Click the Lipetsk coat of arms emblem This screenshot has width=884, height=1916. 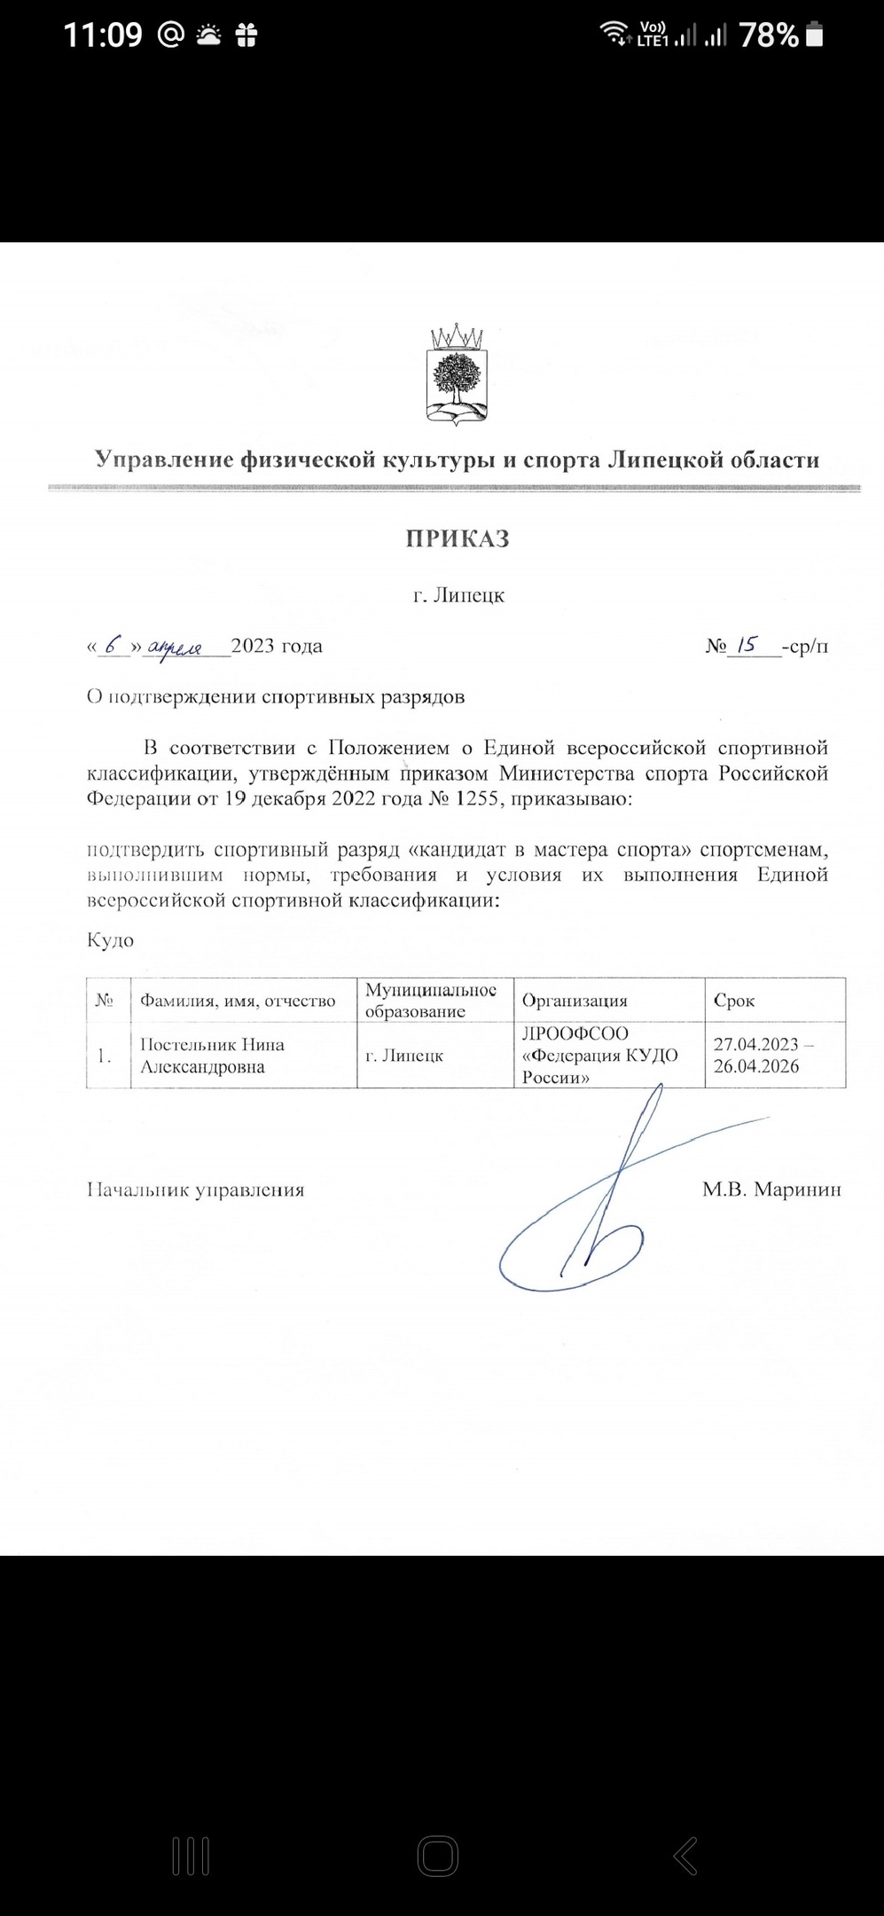click(x=458, y=373)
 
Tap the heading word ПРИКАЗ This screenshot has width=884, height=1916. click(x=458, y=539)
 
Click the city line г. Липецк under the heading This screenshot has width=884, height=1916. click(x=458, y=594)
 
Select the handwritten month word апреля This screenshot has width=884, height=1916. click(x=176, y=646)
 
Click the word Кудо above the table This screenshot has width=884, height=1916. click(x=110, y=939)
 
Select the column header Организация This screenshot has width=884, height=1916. click(x=574, y=1001)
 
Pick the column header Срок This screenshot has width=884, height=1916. click(x=734, y=1001)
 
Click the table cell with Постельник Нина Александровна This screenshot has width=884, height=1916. click(x=213, y=1056)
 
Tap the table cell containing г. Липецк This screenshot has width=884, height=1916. click(x=404, y=1056)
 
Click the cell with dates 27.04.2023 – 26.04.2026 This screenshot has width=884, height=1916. click(x=764, y=1056)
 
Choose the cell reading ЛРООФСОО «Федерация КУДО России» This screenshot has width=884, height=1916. click(x=599, y=1056)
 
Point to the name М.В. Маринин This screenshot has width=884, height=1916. click(x=771, y=1190)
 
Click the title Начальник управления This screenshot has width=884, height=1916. click(x=195, y=1190)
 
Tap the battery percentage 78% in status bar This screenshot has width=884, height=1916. click(x=768, y=35)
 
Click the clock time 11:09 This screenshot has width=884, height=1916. click(x=103, y=35)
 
